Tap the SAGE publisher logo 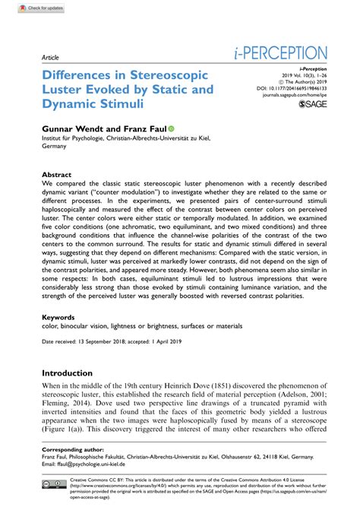[x=313, y=104]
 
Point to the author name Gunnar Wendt [x=72, y=131]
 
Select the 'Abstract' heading [x=57, y=174]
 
